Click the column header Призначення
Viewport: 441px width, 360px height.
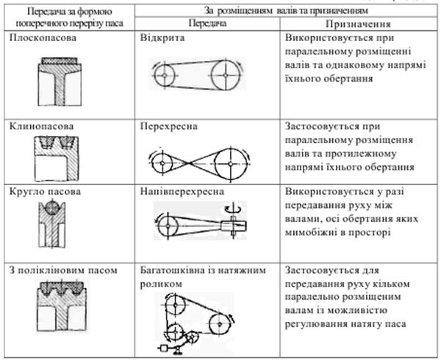pyautogui.click(x=359, y=24)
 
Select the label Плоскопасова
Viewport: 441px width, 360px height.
pyautogui.click(x=43, y=37)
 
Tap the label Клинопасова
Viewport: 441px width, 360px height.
pyautogui.click(x=42, y=126)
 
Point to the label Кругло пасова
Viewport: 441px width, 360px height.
pyautogui.click(x=45, y=191)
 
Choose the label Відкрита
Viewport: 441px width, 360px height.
pyautogui.click(x=162, y=37)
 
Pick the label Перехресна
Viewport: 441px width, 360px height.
pyautogui.click(x=169, y=126)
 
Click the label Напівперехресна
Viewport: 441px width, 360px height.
pyautogui.click(x=182, y=191)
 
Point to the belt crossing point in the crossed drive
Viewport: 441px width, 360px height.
pyautogui.click(x=190, y=162)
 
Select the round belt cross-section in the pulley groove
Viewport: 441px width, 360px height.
pyautogui.click(x=51, y=207)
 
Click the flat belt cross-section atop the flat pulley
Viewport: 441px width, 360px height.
pyautogui.click(x=59, y=61)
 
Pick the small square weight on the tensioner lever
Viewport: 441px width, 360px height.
pyautogui.click(x=163, y=349)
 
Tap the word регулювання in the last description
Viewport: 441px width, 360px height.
pyautogui.click(x=316, y=324)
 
